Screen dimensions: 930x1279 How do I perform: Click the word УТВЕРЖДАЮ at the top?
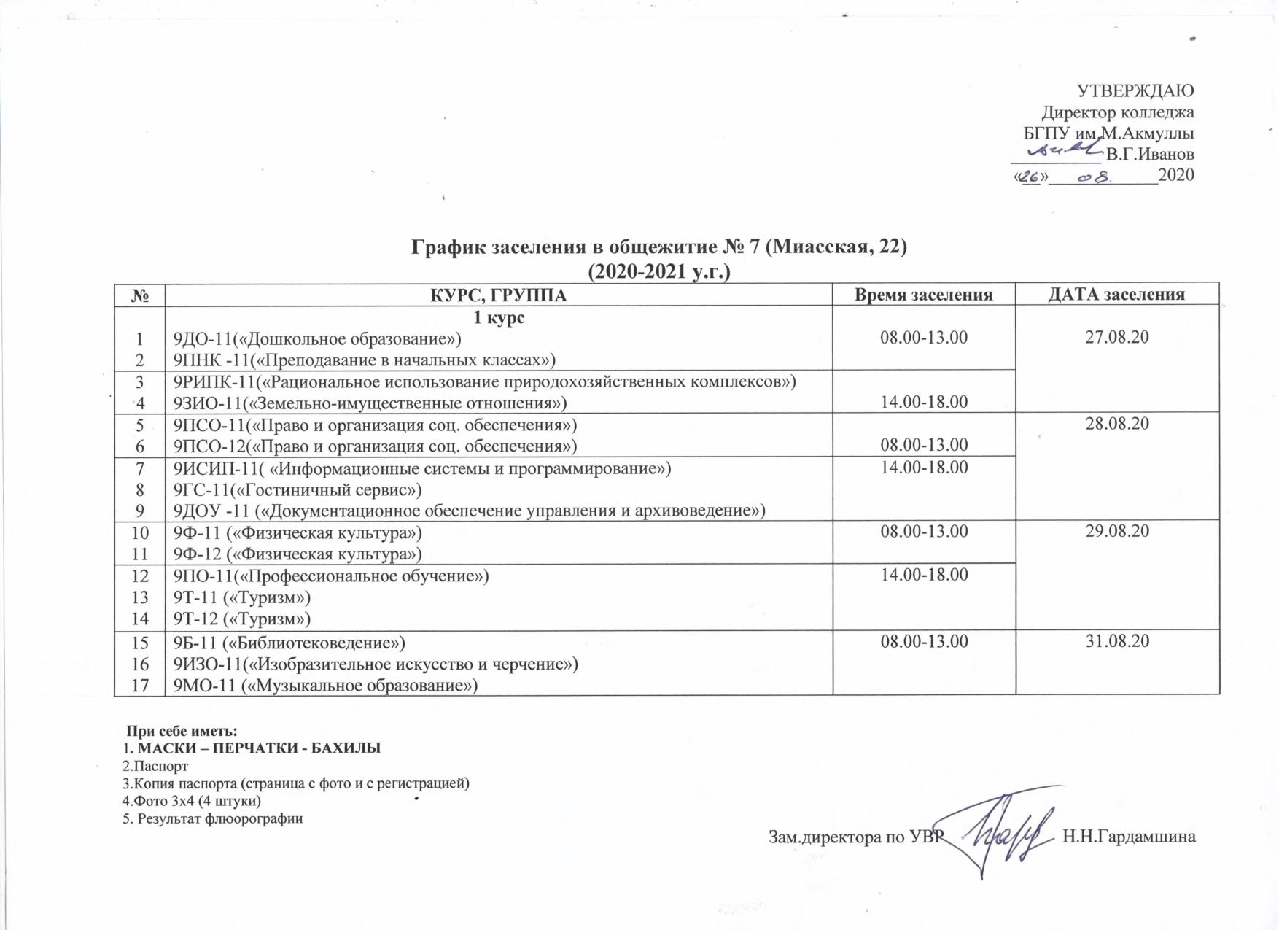pos(1135,90)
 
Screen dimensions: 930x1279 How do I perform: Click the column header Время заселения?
pos(923,295)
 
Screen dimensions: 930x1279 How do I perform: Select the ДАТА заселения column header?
pos(1116,295)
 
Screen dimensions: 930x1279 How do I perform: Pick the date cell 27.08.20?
pos(1116,337)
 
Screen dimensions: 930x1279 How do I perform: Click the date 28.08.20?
pos(1116,424)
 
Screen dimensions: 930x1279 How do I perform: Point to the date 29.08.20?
pos(1116,531)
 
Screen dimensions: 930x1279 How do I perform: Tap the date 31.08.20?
pos(1116,641)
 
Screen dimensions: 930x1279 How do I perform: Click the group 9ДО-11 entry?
pos(317,339)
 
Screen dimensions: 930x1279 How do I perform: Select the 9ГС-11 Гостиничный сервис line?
pos(298,489)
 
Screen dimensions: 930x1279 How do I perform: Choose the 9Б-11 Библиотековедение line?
pos(289,643)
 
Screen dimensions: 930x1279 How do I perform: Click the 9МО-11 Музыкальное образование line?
pos(325,686)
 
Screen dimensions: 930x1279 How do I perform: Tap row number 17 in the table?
pos(140,686)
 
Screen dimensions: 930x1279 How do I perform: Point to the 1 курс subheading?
pos(499,318)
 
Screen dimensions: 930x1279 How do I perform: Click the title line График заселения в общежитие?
pos(658,247)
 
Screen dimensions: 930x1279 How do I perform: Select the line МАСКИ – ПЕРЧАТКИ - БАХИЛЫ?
pos(259,748)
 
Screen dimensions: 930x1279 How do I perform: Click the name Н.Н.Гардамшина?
pos(1129,837)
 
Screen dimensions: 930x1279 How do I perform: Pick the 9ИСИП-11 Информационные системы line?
pos(421,468)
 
